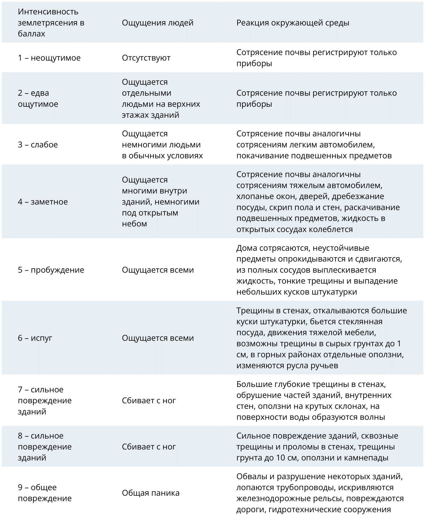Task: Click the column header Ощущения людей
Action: click(157, 23)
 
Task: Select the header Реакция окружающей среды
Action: click(293, 23)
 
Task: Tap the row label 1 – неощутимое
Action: click(49, 58)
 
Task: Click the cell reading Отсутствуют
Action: click(146, 58)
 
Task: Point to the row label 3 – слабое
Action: click(38, 145)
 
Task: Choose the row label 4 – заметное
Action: click(43, 202)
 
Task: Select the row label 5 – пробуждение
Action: click(51, 270)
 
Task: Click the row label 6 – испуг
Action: click(35, 338)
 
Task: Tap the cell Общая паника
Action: click(151, 493)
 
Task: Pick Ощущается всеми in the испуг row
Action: click(158, 338)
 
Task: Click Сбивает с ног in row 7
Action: click(149, 400)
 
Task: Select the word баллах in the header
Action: click(31, 34)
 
